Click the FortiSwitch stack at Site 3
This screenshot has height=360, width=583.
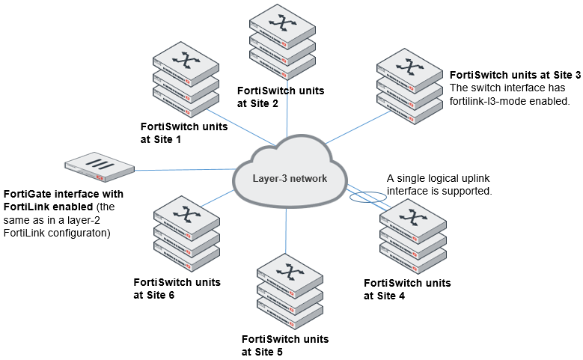pyautogui.click(x=409, y=87)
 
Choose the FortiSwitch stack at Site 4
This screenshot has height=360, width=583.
pyautogui.click(x=412, y=237)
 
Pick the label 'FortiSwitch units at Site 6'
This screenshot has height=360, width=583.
pyautogui.click(x=177, y=288)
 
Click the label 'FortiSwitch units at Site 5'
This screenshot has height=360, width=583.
pyautogui.click(x=285, y=345)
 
